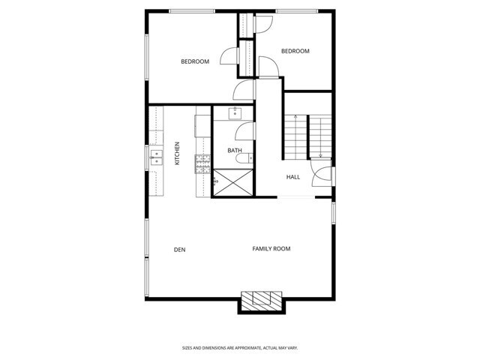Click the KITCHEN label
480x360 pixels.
pyautogui.click(x=178, y=154)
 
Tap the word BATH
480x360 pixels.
pyautogui.click(x=235, y=151)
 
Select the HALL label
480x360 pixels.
pyautogui.click(x=292, y=177)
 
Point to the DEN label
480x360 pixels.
pyautogui.click(x=179, y=249)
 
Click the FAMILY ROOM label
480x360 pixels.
pyautogui.click(x=271, y=248)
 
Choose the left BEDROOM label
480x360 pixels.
pyautogui.click(x=194, y=61)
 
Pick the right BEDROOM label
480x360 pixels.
pyautogui.click(x=295, y=51)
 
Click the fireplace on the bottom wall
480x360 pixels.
pyautogui.click(x=261, y=301)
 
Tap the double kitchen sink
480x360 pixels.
pyautogui.click(x=155, y=157)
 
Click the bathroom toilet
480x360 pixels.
pyautogui.click(x=250, y=159)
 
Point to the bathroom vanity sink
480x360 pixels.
pyautogui.click(x=234, y=113)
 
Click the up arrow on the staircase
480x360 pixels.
pyautogui.click(x=295, y=118)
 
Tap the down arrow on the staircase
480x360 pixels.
pyautogui.click(x=320, y=155)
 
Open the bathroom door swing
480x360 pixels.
pyautogui.click(x=244, y=133)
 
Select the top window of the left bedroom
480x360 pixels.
pyautogui.click(x=192, y=11)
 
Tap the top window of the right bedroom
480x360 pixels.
pyautogui.click(x=295, y=11)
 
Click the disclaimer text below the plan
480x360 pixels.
pyautogui.click(x=240, y=347)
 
